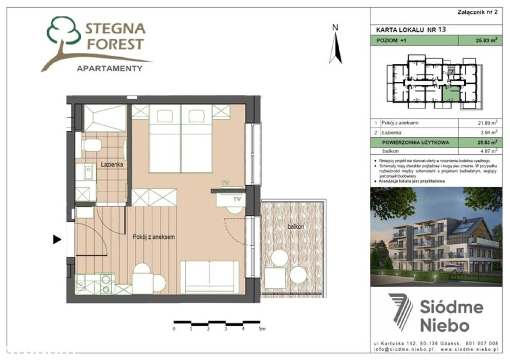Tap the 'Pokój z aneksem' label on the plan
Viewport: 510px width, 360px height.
coord(154,237)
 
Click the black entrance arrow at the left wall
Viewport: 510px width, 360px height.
coord(57,239)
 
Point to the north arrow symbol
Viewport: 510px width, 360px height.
coord(336,45)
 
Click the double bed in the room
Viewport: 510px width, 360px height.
coord(181,139)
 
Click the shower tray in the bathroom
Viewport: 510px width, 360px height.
coord(104,118)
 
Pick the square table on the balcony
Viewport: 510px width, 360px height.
coord(275,279)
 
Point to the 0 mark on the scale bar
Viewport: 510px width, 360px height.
coord(174,328)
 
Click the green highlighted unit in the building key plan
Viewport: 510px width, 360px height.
coord(451,95)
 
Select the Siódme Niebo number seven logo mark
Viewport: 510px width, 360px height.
coord(400,311)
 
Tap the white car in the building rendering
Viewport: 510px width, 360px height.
coord(451,268)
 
